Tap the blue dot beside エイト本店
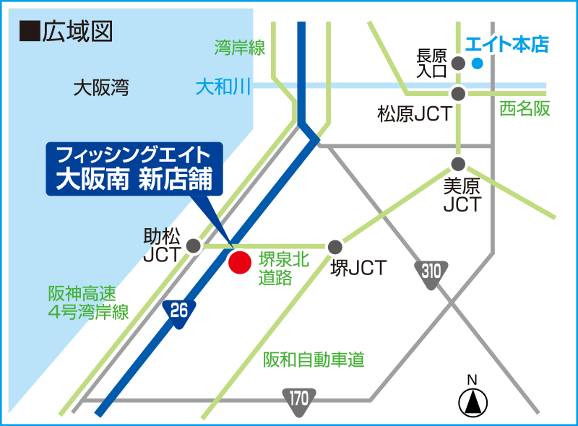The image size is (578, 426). pos(476,64)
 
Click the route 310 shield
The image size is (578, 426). pos(431,273)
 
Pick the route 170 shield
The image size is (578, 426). pos(299,399)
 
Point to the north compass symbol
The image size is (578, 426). pos(473,400)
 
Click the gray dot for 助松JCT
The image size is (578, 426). pos(194,246)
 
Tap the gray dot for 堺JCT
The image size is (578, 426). pos(335,247)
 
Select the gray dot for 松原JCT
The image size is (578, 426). pos(457,93)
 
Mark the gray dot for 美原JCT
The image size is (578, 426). pos(457,164)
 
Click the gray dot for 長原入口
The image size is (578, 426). pos(457,64)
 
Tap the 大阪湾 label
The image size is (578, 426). pos(101,89)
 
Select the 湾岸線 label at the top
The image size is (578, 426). pos(240,49)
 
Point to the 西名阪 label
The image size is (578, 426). pos(525,109)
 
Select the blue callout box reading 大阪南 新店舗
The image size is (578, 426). pos(134,168)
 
